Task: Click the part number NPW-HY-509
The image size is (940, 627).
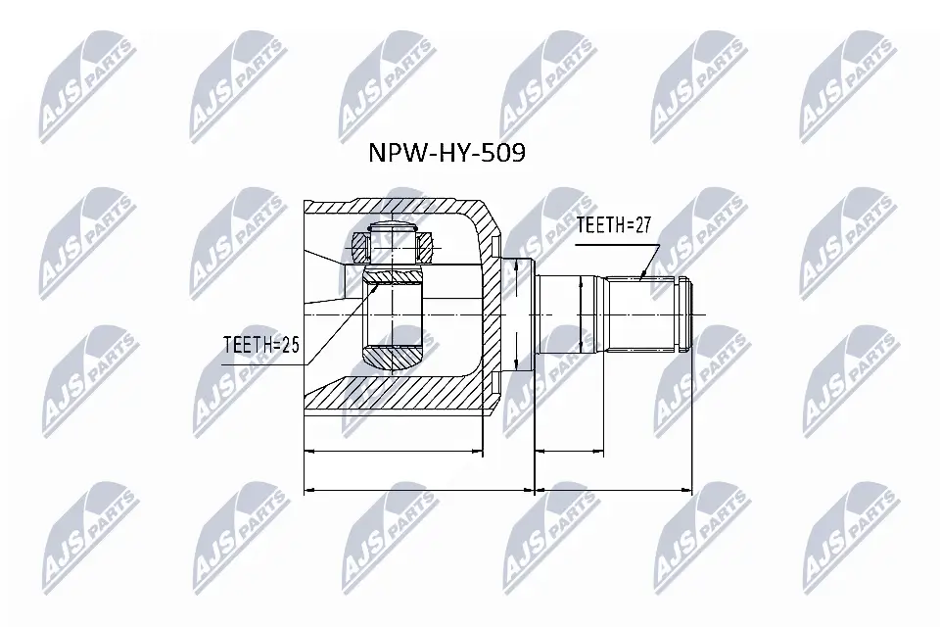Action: click(446, 153)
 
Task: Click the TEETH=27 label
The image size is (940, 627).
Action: click(613, 225)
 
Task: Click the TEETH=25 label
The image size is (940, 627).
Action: click(259, 345)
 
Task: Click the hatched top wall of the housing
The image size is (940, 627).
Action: click(411, 209)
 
